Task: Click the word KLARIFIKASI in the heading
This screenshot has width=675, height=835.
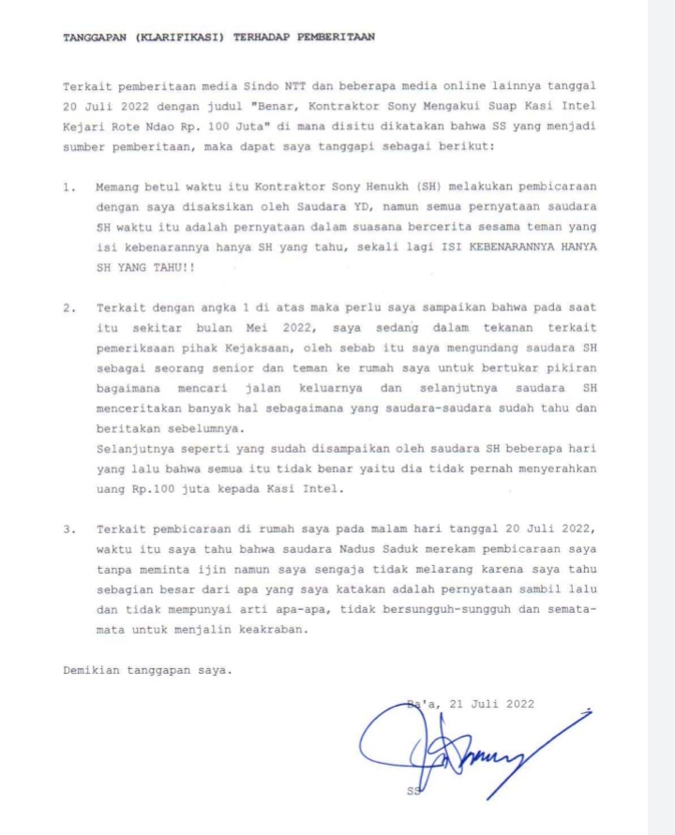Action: tap(179, 37)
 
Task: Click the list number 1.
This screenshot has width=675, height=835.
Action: tap(68, 186)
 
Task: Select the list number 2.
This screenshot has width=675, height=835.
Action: tap(68, 306)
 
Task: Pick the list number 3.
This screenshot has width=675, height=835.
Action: tap(68, 529)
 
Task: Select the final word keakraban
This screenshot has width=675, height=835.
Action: tap(272, 630)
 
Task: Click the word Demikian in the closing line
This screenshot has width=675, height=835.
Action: tap(95, 670)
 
